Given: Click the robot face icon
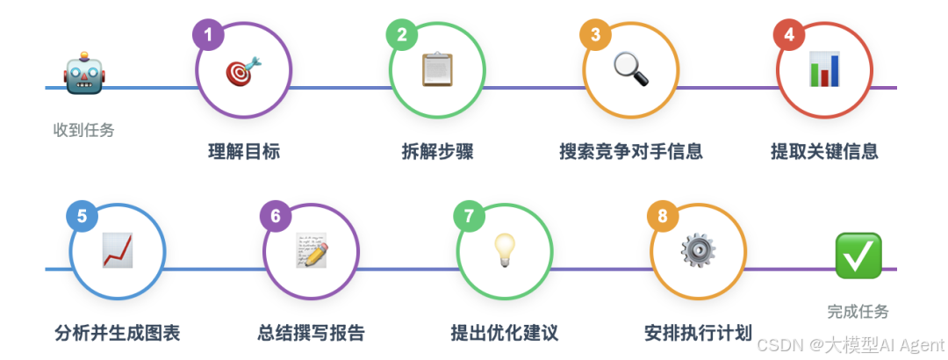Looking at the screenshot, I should [x=84, y=76].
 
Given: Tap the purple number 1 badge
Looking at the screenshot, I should [x=208, y=35].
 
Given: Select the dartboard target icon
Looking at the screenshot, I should [x=243, y=71].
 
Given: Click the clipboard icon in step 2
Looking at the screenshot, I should [x=437, y=70].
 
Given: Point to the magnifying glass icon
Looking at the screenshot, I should [x=631, y=69].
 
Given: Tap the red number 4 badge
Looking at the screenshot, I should [x=789, y=35].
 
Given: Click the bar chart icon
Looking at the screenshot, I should [x=824, y=69].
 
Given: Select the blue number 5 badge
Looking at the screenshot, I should [x=82, y=217].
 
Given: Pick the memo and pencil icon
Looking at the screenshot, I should [x=312, y=251].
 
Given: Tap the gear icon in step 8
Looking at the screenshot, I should [x=699, y=250].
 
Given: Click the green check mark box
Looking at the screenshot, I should [x=858, y=256].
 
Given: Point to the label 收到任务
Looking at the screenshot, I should [x=84, y=130].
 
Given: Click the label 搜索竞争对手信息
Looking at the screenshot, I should [x=631, y=151].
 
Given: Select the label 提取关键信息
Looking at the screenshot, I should [x=824, y=151].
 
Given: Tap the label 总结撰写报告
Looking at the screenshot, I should [x=311, y=333].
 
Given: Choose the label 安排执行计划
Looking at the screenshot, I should [x=698, y=333].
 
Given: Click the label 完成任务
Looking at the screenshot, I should [x=858, y=311].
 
